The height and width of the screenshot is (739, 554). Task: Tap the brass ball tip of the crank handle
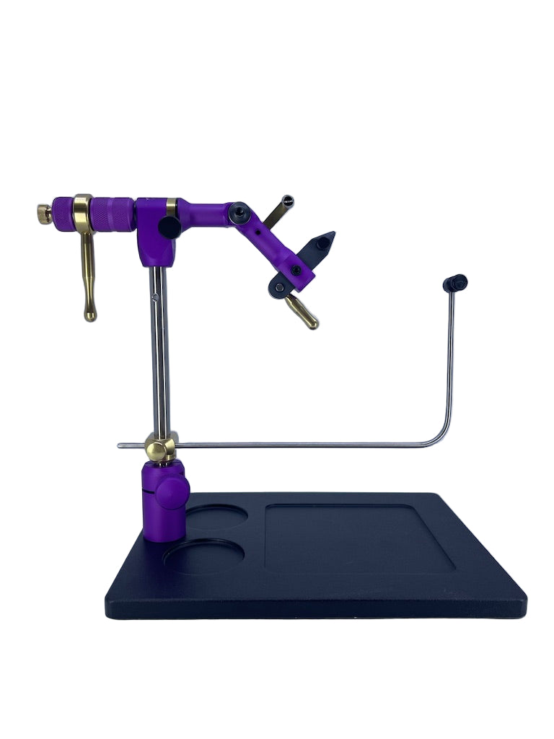point(90,315)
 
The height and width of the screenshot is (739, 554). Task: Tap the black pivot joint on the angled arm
point(239,213)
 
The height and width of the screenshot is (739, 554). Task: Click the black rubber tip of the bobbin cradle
point(456,282)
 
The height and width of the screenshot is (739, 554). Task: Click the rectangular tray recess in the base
point(359,538)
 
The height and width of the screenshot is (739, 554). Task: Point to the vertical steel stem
point(159,346)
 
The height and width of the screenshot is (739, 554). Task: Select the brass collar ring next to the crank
point(82,211)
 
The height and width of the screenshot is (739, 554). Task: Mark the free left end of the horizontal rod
point(120,446)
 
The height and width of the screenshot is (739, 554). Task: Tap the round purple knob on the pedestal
point(174,494)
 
